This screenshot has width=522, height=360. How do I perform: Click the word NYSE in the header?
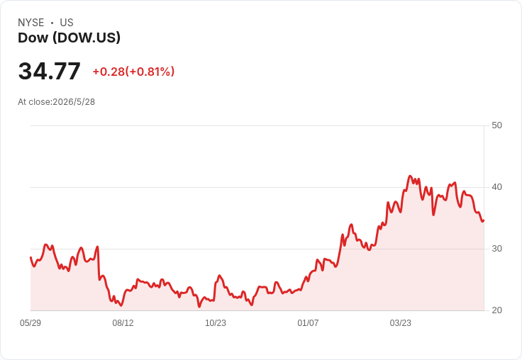point(31,23)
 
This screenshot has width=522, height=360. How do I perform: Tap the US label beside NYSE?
point(67,23)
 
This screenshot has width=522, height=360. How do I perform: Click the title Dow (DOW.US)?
point(69,38)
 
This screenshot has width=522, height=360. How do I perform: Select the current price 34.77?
point(49,71)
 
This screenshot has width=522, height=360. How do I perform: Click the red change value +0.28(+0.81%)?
point(133,72)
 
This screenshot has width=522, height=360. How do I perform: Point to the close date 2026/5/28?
point(74,102)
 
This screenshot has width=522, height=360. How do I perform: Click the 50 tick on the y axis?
point(496,125)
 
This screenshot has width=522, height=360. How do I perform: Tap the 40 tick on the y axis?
point(496,187)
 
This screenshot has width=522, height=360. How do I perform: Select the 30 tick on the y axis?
point(496,249)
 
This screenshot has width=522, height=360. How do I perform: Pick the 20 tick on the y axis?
point(496,310)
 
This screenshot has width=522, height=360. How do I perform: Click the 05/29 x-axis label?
point(30,322)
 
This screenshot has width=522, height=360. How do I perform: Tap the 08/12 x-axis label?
point(123,322)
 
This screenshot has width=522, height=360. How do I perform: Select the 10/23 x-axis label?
point(216,322)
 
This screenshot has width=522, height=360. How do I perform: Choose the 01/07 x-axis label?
point(308,322)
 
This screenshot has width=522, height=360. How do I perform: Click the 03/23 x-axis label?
point(401,322)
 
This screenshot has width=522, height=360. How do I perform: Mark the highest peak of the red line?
point(410,176)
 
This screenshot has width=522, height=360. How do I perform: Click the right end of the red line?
point(484,220)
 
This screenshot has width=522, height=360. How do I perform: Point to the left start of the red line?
point(30,257)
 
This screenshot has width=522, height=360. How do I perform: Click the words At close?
point(35,102)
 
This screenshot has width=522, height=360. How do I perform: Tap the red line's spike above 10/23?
point(219,276)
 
